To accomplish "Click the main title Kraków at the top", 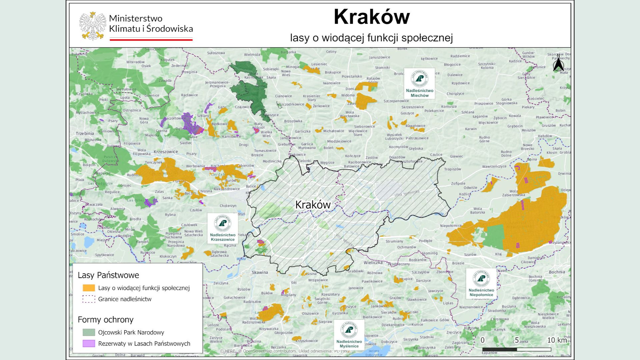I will [371, 17].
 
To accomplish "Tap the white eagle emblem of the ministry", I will [92, 26].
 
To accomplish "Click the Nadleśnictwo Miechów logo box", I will [419, 83].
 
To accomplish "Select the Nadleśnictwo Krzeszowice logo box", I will [222, 228].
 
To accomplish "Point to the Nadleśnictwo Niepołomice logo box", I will [481, 283].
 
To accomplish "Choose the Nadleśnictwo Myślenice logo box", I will [349, 335].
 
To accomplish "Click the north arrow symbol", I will [558, 64].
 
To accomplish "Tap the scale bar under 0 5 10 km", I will [517, 349].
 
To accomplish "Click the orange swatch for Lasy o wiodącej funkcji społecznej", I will [89, 288].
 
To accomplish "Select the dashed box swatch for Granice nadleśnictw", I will [89, 299].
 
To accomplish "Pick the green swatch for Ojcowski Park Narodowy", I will [89, 332].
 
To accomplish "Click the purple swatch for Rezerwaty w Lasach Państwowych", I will [89, 343].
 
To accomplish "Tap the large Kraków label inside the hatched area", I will [313, 205].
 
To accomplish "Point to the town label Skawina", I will [260, 272].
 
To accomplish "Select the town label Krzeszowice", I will [166, 152].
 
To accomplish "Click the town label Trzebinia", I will [85, 133].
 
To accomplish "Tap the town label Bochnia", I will [557, 272].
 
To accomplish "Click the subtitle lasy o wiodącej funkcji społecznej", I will [371, 38].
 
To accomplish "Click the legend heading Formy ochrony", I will [105, 320].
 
